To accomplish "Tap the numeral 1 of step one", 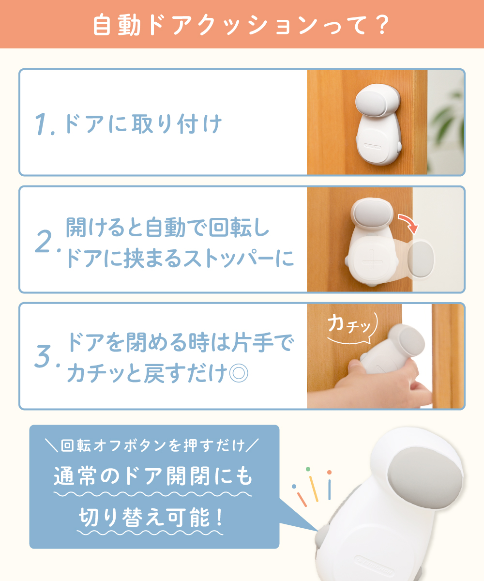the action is coord(41,124).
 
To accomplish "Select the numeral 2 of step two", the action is coord(44,241).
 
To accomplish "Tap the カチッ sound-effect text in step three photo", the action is coord(349,324).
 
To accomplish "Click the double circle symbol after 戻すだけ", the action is coord(239,373).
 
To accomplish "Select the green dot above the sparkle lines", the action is coord(308,469).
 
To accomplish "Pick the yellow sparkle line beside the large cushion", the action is coord(314,489).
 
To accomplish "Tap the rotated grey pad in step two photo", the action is coord(421,259).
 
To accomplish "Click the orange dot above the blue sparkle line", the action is coord(329,472).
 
